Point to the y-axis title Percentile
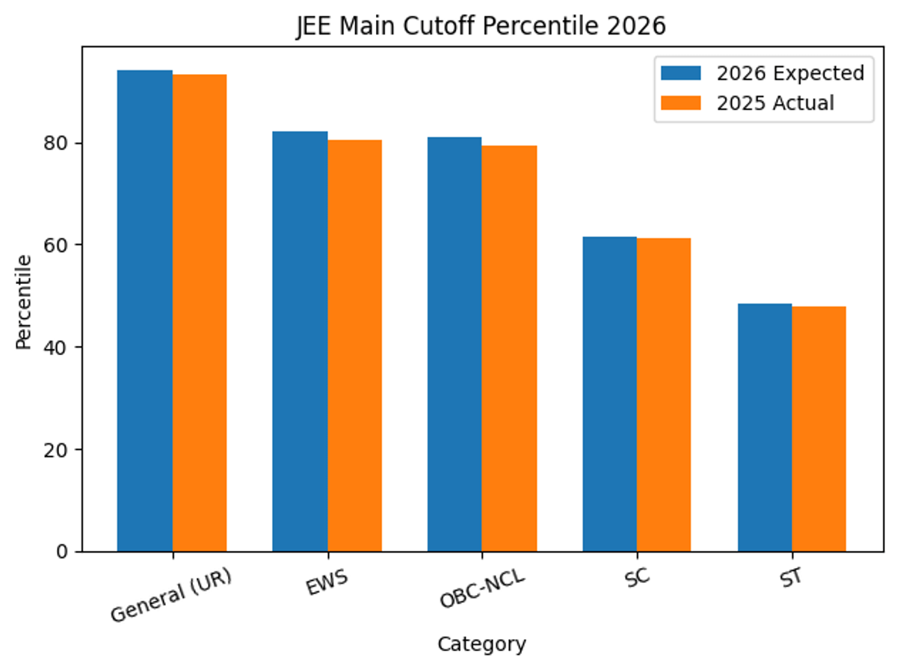tap(24, 301)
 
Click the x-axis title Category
tap(482, 644)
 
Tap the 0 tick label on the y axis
tap(64, 552)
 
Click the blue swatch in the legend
tap(680, 73)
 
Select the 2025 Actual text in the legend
tap(775, 102)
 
